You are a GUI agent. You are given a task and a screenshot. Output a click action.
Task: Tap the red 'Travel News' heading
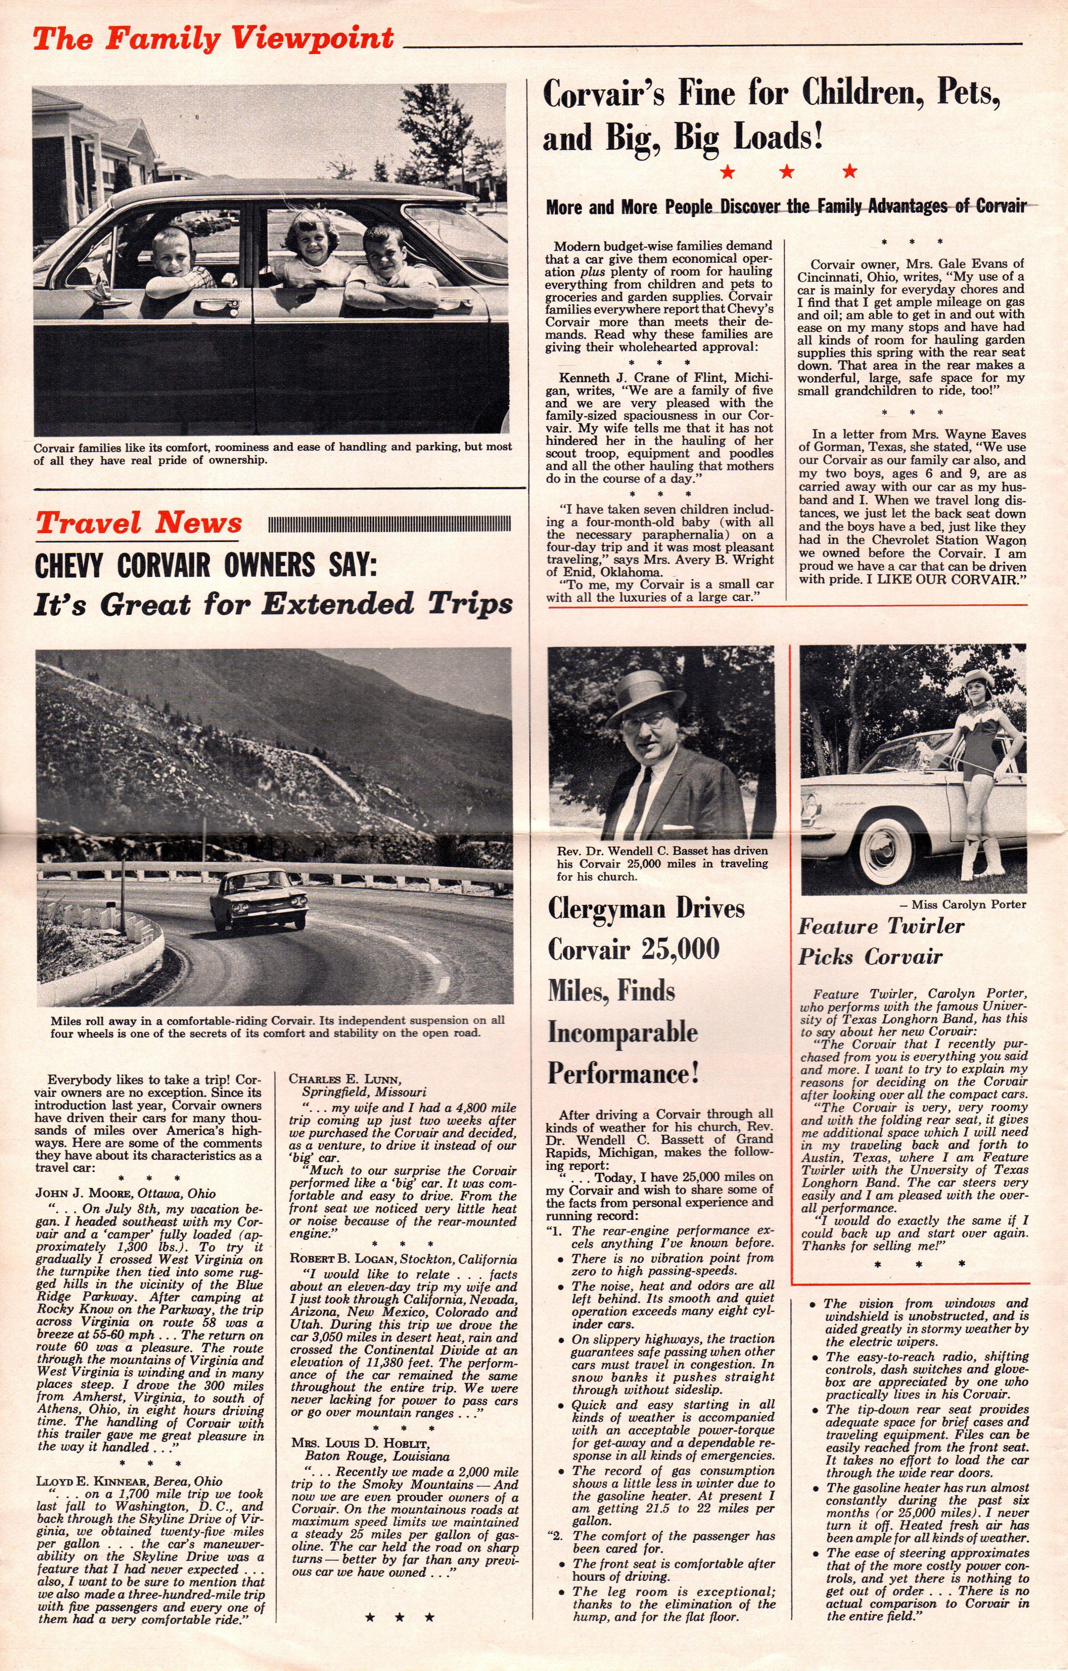click(139, 523)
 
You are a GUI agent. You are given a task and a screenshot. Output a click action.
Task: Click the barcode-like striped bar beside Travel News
click(389, 523)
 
